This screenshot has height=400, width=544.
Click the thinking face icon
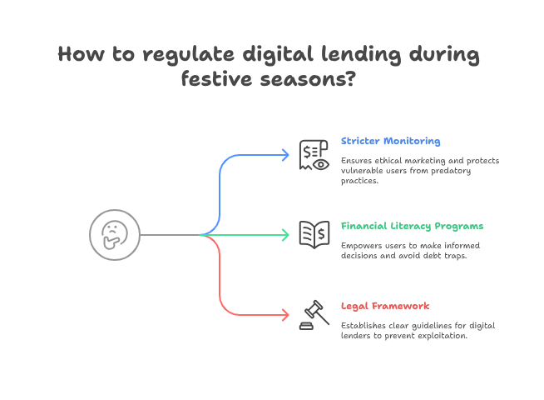click(115, 234)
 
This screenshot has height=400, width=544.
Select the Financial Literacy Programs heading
click(412, 226)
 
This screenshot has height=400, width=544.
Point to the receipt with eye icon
click(313, 154)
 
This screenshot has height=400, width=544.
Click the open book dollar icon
click(313, 234)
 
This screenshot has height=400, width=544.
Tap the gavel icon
click(313, 315)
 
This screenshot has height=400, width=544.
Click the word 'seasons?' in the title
click(310, 80)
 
